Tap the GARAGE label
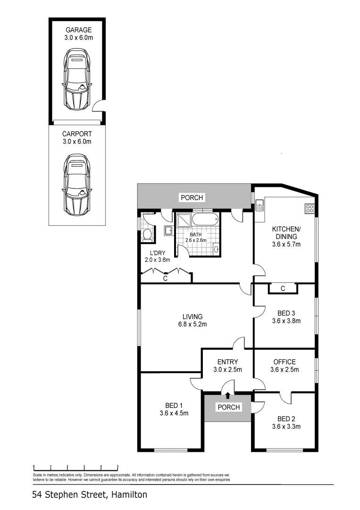click(78, 29)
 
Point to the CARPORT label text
click(77, 134)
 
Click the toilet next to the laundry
click(146, 235)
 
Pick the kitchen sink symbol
click(259, 206)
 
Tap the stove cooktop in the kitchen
click(310, 208)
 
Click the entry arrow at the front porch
click(228, 396)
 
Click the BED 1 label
click(174, 405)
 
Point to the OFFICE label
click(285, 362)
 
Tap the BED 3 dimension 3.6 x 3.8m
click(286, 321)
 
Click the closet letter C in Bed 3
click(282, 289)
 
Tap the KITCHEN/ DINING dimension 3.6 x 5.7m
click(286, 244)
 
